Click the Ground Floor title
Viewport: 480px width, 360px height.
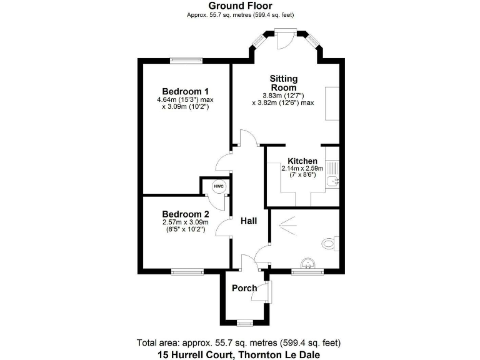(241, 6)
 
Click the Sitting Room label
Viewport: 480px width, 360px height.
(283, 83)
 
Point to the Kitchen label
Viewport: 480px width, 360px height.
(302, 161)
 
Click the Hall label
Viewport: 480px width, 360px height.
(249, 221)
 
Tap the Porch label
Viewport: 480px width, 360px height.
(244, 288)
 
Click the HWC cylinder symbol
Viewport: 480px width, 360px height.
(218, 187)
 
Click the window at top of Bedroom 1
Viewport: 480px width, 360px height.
(186, 60)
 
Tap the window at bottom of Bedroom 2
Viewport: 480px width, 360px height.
(187, 271)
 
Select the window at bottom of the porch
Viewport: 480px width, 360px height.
(244, 322)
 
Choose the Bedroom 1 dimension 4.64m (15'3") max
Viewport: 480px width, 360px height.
(185, 99)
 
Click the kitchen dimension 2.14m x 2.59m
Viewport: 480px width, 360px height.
(302, 169)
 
